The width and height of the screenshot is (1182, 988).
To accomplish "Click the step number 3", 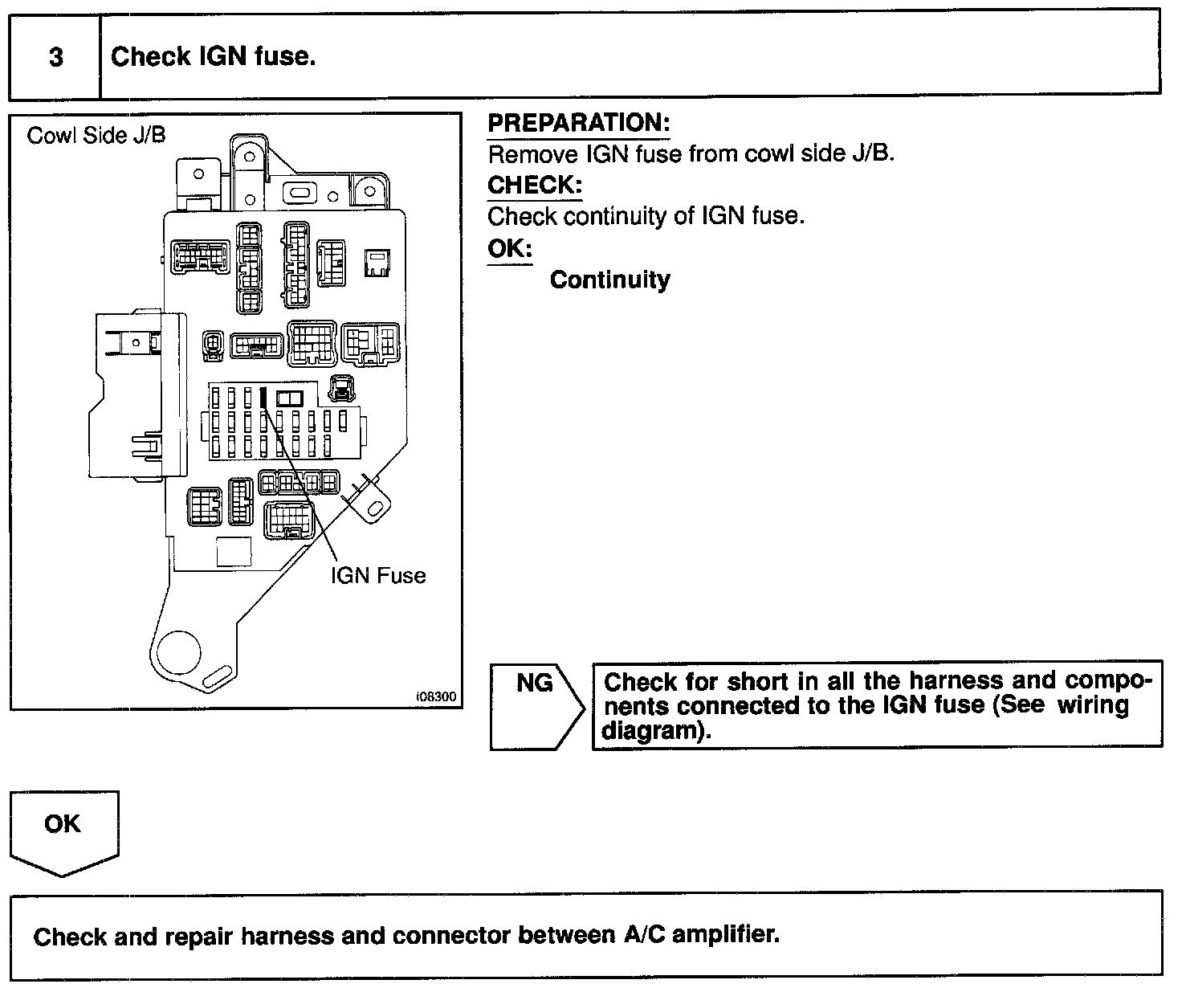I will (x=55, y=58).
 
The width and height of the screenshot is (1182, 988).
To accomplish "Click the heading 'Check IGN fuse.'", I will (x=213, y=57).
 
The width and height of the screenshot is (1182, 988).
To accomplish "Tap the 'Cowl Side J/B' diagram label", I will (x=96, y=135).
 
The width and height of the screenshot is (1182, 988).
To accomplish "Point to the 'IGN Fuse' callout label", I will (x=377, y=575).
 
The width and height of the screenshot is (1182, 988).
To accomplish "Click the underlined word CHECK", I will (x=534, y=185).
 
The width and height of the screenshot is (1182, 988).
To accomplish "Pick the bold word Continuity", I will (x=609, y=280).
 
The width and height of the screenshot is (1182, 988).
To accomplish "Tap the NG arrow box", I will (x=536, y=706).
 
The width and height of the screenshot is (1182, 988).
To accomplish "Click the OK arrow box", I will (x=63, y=831).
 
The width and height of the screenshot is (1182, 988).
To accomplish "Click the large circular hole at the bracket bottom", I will (x=178, y=651).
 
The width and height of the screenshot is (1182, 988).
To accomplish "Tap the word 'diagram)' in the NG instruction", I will (x=657, y=732).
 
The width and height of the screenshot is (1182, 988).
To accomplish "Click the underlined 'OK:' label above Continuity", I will (x=509, y=248).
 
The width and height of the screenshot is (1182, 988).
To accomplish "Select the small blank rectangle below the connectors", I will (x=234, y=552).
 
